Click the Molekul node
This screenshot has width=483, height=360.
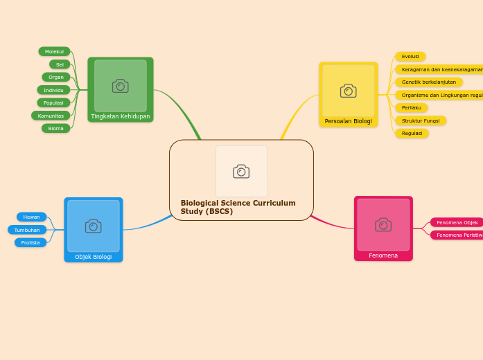[x=54, y=51]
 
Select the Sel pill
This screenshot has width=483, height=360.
[x=60, y=64]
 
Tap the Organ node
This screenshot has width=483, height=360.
[x=55, y=77]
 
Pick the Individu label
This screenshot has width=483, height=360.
[x=53, y=90]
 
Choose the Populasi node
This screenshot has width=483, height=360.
[x=53, y=102]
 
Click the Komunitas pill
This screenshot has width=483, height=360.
[x=51, y=116]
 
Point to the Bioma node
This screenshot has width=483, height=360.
[x=55, y=128]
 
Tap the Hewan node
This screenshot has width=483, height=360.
[x=31, y=217]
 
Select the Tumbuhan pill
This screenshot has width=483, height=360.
[x=27, y=230]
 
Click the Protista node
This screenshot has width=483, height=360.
[x=30, y=242]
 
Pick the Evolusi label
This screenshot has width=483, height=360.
[x=410, y=56]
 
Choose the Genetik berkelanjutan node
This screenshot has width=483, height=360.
[x=429, y=82]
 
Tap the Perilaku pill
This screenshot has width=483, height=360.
[x=412, y=107]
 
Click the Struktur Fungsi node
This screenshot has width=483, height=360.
[x=421, y=120]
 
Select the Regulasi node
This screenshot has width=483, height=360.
[x=412, y=133]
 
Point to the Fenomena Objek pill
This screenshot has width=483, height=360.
[x=457, y=222]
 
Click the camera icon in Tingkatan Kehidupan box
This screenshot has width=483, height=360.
[x=121, y=86]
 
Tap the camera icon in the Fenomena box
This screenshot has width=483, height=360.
[x=383, y=224]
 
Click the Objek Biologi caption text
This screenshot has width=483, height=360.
[x=94, y=257]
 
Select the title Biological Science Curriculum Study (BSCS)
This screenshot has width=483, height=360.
[x=238, y=207]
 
